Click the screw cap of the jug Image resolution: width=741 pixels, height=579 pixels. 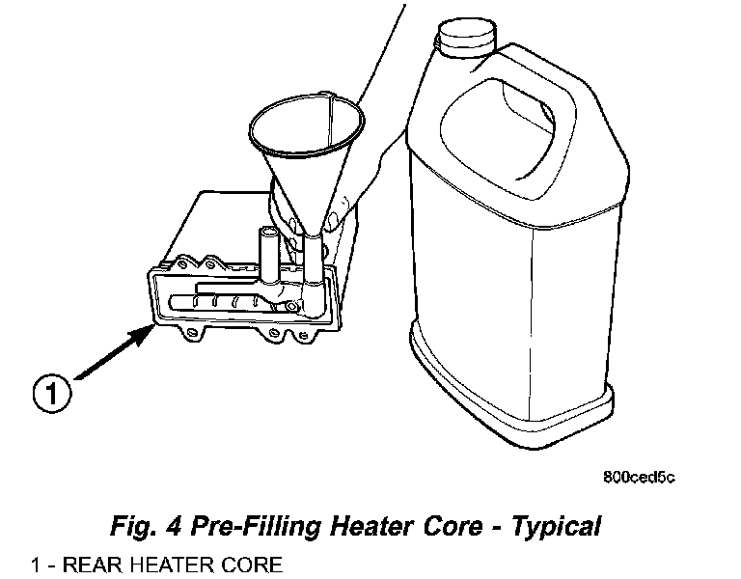pyautogui.click(x=467, y=38)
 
